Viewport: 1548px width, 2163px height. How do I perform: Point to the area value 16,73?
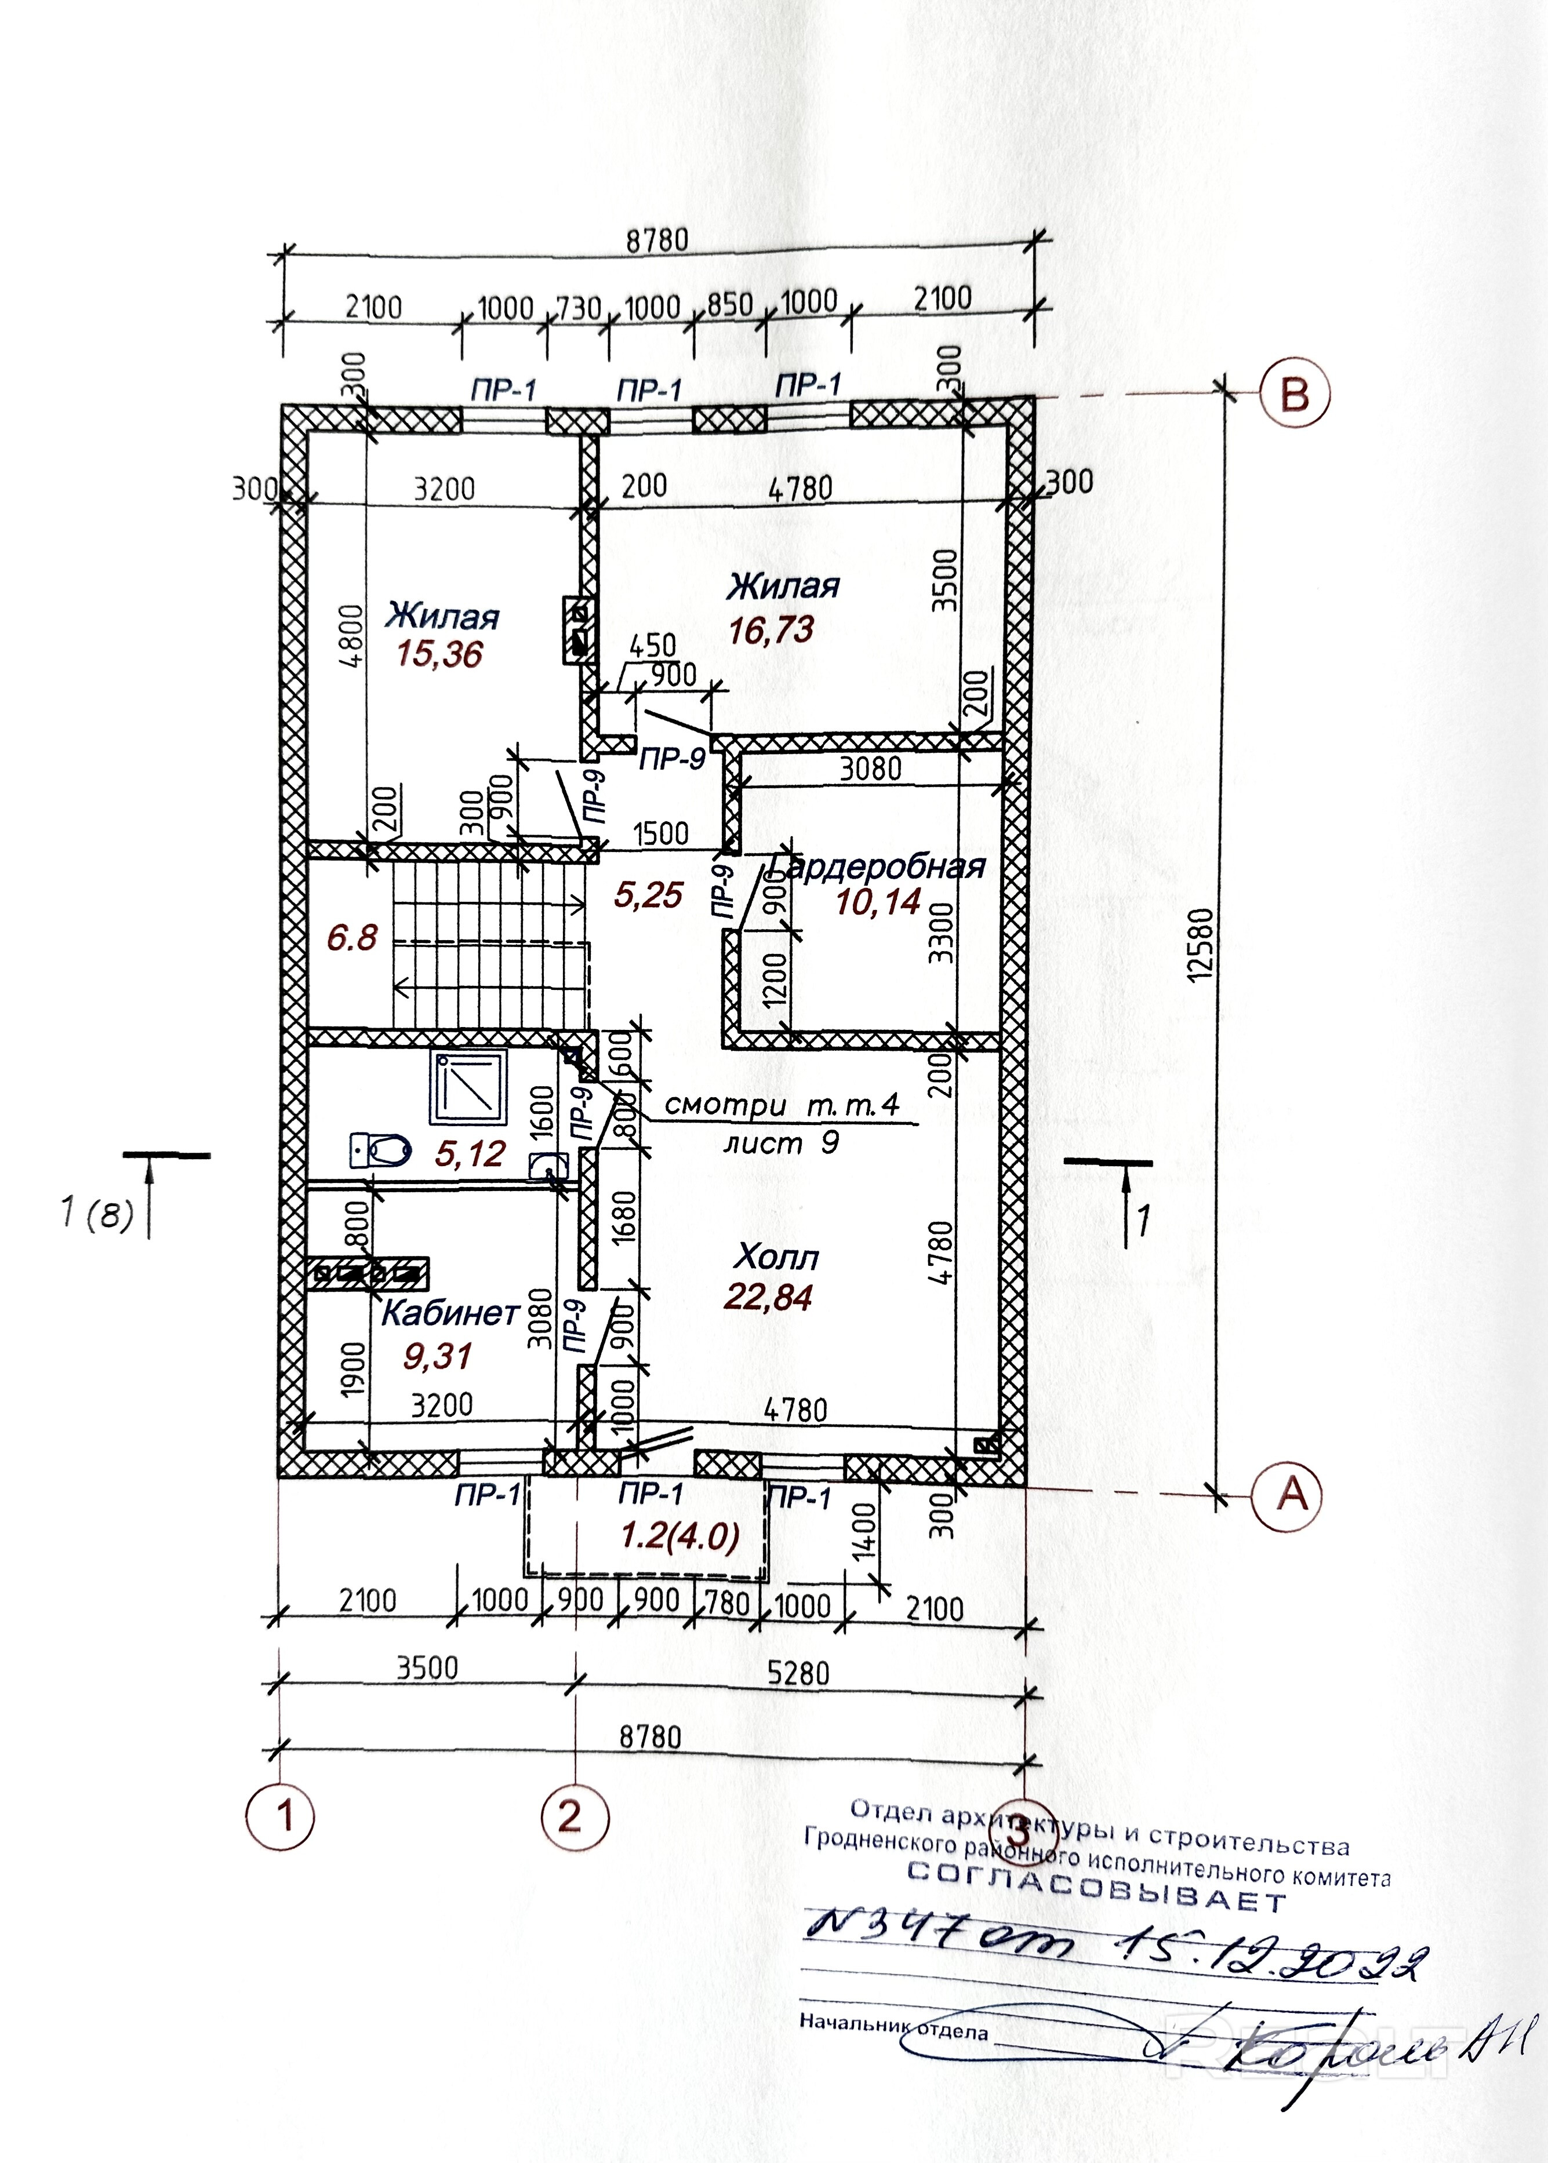click(x=771, y=630)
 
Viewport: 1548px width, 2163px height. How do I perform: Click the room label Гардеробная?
click(x=878, y=867)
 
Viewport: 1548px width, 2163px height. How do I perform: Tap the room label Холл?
click(x=776, y=1258)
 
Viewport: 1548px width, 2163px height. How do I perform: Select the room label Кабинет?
click(x=450, y=1314)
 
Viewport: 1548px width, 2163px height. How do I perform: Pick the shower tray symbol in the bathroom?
click(x=468, y=1087)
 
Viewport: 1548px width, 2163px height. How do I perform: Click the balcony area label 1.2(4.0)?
click(x=679, y=1537)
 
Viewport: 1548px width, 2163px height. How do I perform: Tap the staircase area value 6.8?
click(x=352, y=938)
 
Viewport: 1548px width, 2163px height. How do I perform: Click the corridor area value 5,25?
click(x=648, y=895)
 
